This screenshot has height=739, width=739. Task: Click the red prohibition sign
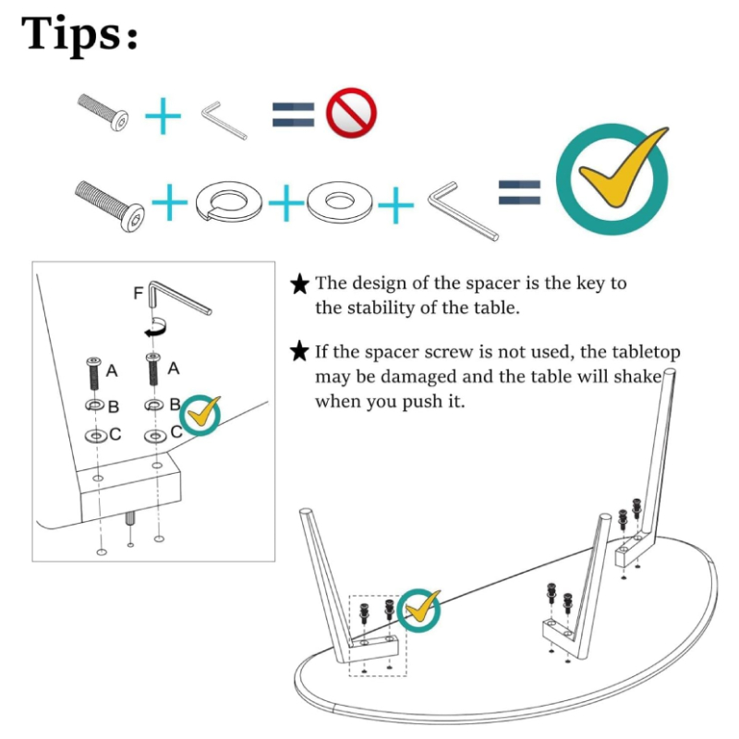tap(351, 113)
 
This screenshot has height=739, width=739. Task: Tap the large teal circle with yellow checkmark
tap(612, 179)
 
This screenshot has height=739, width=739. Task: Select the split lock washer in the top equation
tap(228, 200)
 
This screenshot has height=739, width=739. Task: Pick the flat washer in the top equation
tap(339, 201)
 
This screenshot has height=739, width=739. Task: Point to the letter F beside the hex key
tap(138, 293)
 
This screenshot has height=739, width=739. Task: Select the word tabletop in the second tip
tap(646, 352)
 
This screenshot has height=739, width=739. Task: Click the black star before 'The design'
tap(299, 285)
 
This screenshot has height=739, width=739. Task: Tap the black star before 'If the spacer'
tap(299, 351)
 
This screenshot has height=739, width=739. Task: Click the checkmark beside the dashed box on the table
tap(419, 611)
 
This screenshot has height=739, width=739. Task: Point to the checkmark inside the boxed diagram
tap(200, 415)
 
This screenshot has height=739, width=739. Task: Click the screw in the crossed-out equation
tap(103, 112)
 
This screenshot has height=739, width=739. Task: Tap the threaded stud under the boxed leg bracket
tap(130, 520)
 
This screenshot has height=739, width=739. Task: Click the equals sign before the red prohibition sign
tap(293, 115)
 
